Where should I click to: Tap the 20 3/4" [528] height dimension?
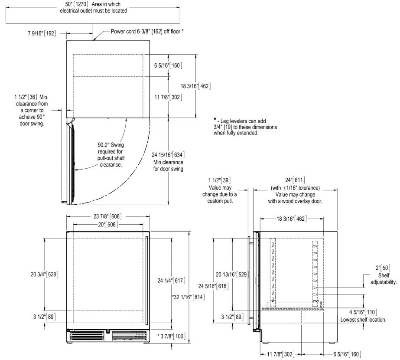45,274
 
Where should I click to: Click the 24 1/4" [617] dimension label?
172,281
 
